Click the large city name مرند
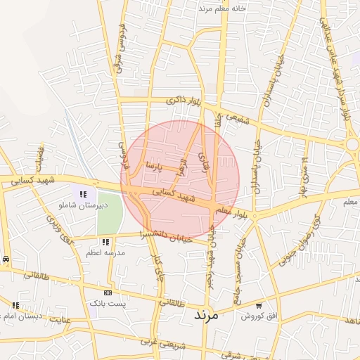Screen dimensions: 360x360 206,316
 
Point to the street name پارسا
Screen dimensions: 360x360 153,167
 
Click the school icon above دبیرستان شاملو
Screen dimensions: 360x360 83,194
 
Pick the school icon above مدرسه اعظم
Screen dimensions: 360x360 105,242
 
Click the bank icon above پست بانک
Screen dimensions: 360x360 107,292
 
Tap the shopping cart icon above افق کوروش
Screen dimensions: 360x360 259,306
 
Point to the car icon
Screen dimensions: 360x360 6,259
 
